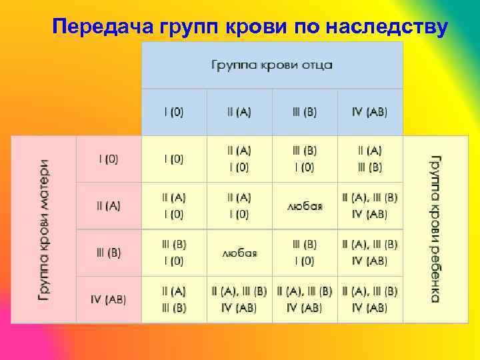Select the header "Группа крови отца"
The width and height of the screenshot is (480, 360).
pos(272,65)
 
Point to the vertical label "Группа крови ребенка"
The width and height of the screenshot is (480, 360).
pos(435,229)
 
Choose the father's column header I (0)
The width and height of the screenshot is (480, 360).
pos(174,112)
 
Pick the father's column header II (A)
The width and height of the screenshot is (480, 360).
pos(239,112)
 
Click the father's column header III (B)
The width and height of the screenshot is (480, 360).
pos(305,112)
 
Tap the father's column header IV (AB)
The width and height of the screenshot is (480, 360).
pos(370,112)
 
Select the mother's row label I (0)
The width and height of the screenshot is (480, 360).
pos(109,159)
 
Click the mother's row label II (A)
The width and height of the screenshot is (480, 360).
pos(109,206)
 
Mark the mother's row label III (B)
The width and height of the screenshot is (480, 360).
pos(109,253)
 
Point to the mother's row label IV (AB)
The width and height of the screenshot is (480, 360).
pos(109,299)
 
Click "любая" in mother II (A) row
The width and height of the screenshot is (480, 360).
pos(305,206)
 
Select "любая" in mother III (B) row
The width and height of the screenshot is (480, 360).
pos(239,253)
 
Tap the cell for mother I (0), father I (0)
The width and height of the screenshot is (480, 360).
pos(174,159)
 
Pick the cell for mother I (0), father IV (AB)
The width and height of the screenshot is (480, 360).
pos(370,159)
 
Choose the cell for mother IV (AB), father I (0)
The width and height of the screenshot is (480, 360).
pos(174,299)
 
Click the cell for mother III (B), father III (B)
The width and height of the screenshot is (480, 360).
pos(305,253)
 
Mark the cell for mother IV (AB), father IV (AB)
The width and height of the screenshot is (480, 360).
pos(370,299)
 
